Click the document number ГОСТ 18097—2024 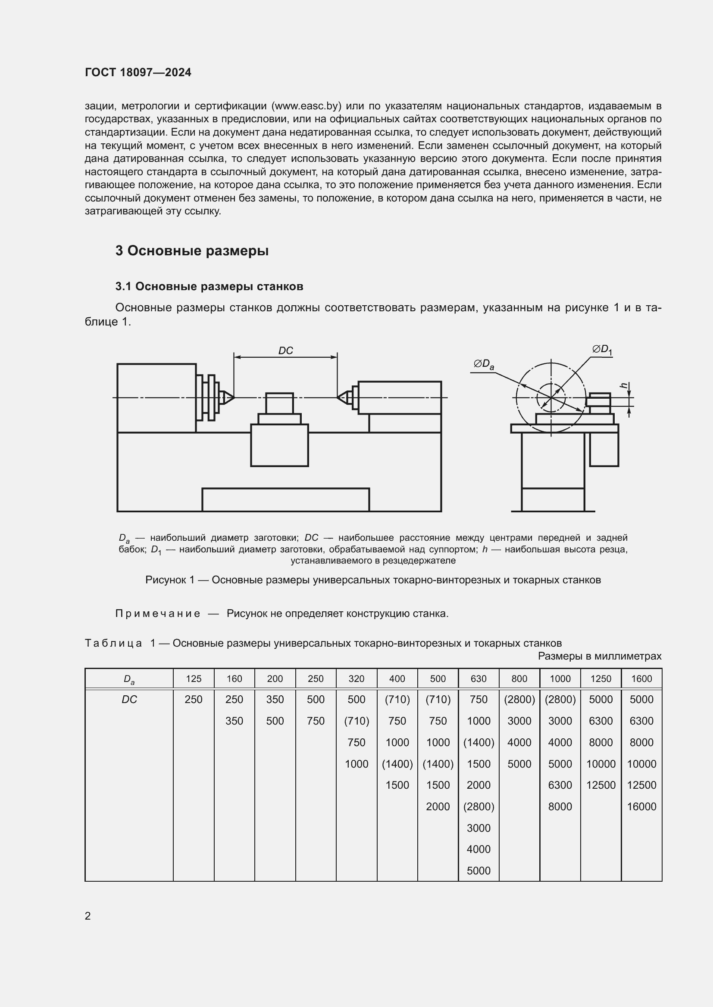[138, 72]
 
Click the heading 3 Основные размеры [192, 251]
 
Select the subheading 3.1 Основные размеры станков [209, 286]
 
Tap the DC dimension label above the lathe [285, 350]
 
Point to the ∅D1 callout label [602, 350]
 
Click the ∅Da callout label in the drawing [483, 364]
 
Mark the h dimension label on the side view [623, 385]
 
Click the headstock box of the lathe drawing [156, 398]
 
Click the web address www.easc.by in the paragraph [306, 106]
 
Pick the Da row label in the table [129, 679]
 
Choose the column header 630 [478, 679]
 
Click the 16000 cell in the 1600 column [641, 806]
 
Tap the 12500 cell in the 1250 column [600, 785]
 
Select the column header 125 [194, 679]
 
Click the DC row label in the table [129, 700]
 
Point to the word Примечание [158, 613]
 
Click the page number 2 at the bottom [88, 916]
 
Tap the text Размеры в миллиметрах [599, 656]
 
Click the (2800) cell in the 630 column [478, 806]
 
